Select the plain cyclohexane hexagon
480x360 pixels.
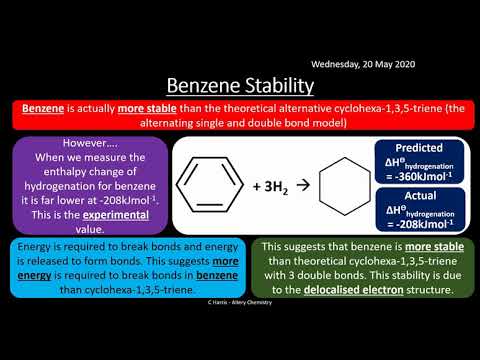pos(340,186)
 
